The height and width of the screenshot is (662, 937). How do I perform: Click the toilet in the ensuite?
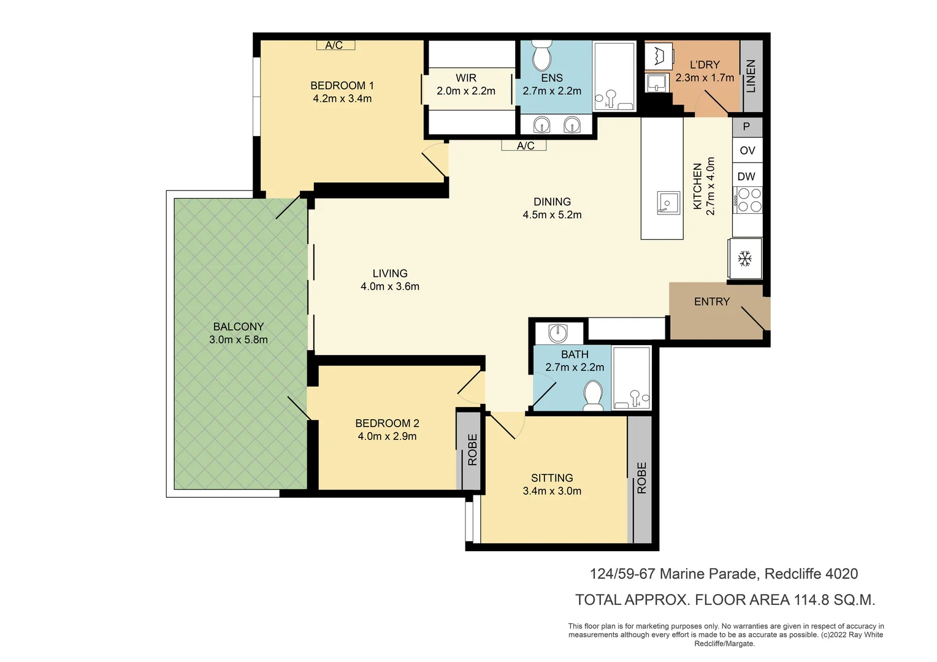541,56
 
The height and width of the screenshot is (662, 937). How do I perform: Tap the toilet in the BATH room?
593,395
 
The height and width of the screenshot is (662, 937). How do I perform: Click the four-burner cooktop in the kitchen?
748,200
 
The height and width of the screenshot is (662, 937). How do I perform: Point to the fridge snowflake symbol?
745,259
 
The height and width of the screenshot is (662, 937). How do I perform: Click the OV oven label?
747,150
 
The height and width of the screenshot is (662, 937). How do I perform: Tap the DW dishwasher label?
746,177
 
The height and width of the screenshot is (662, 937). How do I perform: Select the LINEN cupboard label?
751,75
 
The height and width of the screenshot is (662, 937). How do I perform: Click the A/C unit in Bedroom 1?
335,45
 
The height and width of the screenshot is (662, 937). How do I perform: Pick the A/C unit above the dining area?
525,146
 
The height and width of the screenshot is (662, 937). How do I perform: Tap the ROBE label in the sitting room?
641,477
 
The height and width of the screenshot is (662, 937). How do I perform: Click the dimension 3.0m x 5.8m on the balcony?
239,340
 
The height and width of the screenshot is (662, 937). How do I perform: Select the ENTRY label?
711,302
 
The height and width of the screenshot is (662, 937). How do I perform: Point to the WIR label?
466,78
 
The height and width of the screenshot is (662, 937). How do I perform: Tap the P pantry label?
746,127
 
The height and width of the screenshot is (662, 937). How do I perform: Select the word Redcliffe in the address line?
792,574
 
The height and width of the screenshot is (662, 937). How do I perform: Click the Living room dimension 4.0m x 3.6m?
390,286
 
